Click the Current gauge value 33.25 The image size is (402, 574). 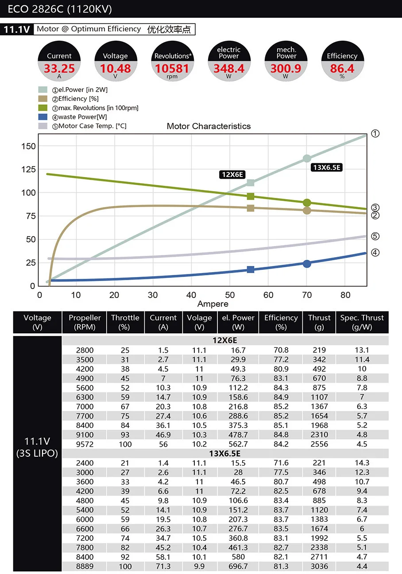(x=59, y=69)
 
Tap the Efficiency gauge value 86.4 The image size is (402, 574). (x=342, y=69)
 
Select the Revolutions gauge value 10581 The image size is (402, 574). (x=172, y=69)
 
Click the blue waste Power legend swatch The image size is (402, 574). (x=43, y=117)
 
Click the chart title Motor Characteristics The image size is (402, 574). (x=209, y=126)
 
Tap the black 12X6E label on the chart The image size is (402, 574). (x=232, y=174)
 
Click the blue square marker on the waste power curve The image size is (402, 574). (x=251, y=270)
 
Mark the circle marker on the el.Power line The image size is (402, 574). (x=307, y=158)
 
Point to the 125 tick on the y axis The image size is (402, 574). (x=28, y=170)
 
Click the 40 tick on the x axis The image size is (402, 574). (x=191, y=295)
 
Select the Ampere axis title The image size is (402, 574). (x=213, y=304)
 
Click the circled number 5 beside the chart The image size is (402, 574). (x=375, y=236)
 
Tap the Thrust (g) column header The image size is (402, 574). (x=319, y=322)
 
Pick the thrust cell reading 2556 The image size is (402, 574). (x=319, y=444)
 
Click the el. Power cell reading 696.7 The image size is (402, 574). (x=238, y=566)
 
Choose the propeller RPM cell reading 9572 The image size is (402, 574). (x=85, y=444)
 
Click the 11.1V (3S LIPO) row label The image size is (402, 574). (x=37, y=447)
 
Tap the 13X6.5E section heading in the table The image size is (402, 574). (x=225, y=454)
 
